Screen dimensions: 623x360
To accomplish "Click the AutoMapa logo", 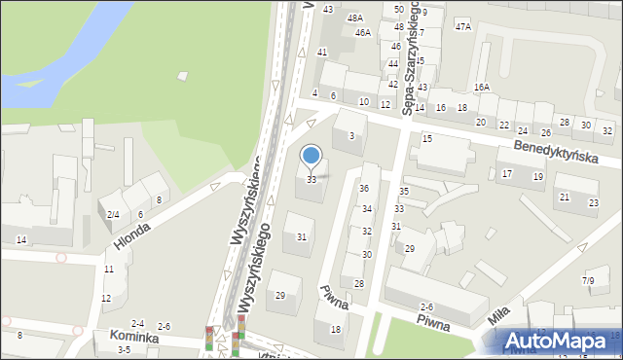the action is click(560, 342).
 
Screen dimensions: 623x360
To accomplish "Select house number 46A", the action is click(362, 32).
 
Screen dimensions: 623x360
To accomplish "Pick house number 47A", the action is click(462, 26).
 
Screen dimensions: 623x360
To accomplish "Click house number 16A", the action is click(482, 88).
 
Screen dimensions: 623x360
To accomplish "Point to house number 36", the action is click(364, 188).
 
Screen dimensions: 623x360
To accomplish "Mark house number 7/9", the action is click(588, 281).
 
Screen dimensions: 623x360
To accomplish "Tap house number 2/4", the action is click(113, 214).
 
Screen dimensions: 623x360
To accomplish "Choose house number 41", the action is click(322, 52).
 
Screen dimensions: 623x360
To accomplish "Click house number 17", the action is click(506, 173).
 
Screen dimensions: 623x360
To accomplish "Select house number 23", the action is click(594, 202).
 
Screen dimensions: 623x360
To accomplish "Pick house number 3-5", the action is click(124, 349).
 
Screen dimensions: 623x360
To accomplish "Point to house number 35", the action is click(404, 192).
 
